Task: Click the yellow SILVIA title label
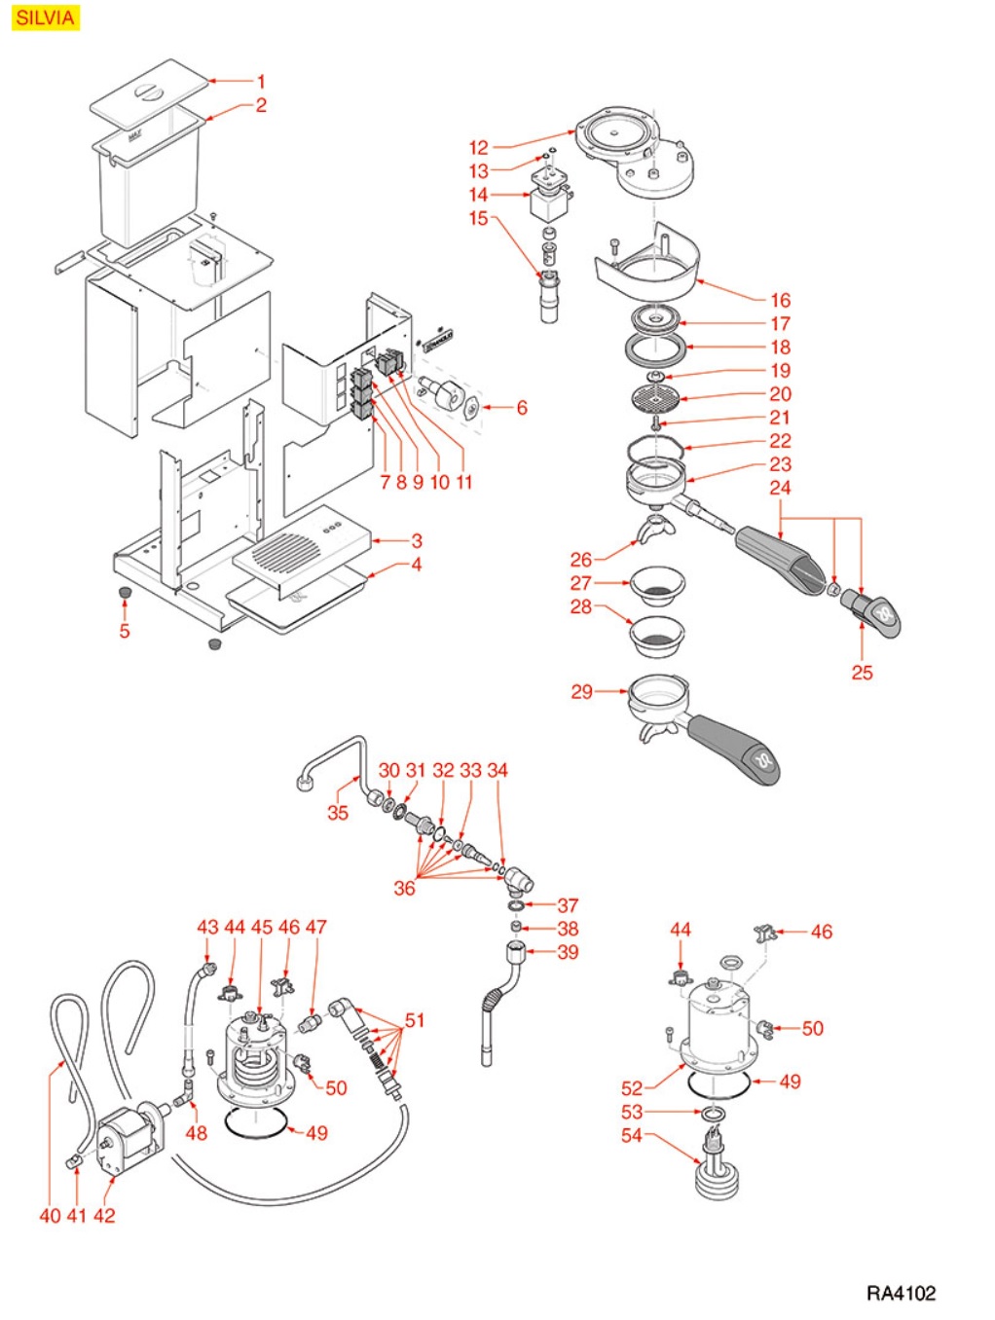pos(45,18)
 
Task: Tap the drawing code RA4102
pos(901,1293)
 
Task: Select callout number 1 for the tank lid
pos(261,82)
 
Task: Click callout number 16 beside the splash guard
pos(780,301)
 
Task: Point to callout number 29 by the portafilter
pos(581,691)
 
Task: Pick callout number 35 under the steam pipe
pos(338,812)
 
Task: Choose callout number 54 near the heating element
pos(632,1135)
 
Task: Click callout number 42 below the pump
pos(104,1215)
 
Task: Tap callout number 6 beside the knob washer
pos(522,408)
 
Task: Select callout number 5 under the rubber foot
pos(125,631)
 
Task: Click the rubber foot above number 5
pos(125,593)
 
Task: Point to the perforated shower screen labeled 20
pos(653,398)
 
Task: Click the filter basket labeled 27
pos(657,586)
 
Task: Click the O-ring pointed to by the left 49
pos(254,1123)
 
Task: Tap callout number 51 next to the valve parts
pos(415,1020)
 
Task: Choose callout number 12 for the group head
pos(478,148)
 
